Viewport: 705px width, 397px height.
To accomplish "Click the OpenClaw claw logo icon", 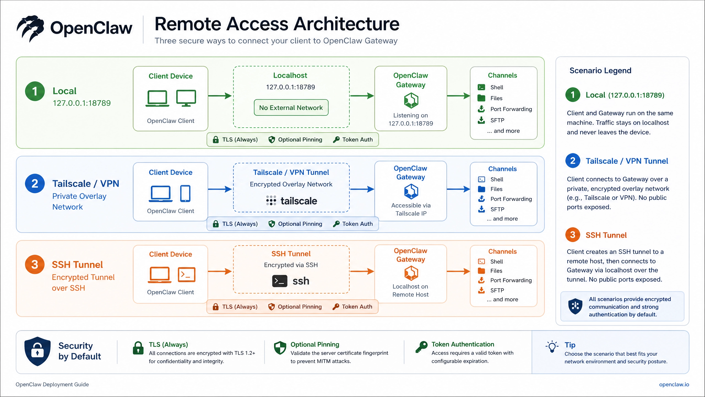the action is point(30,28).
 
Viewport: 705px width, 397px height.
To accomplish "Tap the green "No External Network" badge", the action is point(291,108).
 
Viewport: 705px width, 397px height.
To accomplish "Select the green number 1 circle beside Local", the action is point(35,91).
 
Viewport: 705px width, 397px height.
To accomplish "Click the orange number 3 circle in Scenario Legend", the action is point(573,235).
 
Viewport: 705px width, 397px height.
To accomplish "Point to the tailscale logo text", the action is point(299,201).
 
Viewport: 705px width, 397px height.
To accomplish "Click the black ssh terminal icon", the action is point(280,281).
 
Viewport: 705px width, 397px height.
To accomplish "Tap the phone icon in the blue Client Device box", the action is point(185,194).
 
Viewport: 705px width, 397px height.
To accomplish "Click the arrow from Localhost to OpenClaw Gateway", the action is point(362,96).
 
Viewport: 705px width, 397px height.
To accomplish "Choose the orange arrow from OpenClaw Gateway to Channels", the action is point(458,272).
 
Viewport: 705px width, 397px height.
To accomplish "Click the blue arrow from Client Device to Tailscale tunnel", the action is point(220,189).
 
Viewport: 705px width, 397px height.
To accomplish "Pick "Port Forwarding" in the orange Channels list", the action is point(511,280).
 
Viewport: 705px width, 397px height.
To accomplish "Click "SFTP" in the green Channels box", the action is point(497,120).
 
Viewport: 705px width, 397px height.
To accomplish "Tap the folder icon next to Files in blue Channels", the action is point(481,189).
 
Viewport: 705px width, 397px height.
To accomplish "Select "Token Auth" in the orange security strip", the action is point(357,307).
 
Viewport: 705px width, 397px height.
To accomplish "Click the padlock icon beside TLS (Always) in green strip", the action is point(216,140).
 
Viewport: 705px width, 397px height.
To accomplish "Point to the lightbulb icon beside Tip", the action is point(552,347).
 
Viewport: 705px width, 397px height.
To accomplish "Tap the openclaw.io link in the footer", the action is point(674,384).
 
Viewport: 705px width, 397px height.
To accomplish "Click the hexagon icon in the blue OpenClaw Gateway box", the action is point(411,192).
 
